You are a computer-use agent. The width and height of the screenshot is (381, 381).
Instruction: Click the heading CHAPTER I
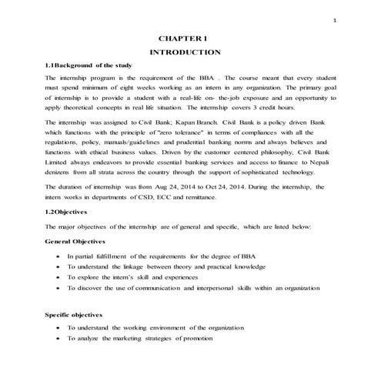pyautogui.click(x=183, y=37)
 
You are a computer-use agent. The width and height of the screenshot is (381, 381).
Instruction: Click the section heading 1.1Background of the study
pyautogui.click(x=87, y=66)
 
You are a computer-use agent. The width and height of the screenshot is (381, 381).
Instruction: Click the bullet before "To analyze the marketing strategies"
pyautogui.click(x=59, y=339)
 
